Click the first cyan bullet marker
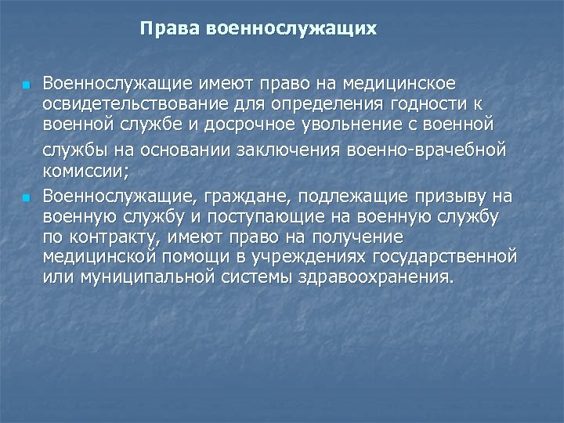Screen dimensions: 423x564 (25, 83)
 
